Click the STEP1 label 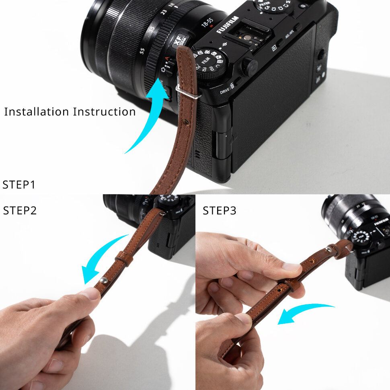pyautogui.click(x=19, y=185)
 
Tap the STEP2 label pyautogui.click(x=20, y=210)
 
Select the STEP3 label pyautogui.click(x=220, y=210)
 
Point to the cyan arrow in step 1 pyautogui.click(x=151, y=117)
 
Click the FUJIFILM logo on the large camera pyautogui.click(x=228, y=25)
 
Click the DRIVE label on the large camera pyautogui.click(x=224, y=91)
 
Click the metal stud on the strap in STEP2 pyautogui.click(x=103, y=280)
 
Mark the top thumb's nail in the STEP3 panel pyautogui.click(x=292, y=267)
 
